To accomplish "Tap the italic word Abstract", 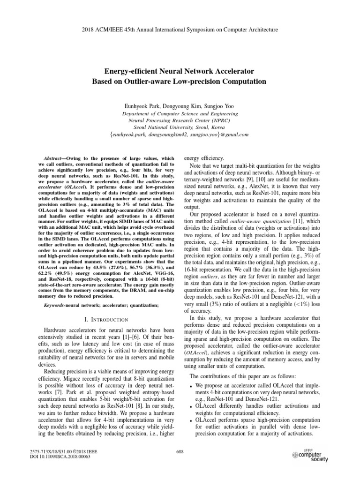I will [48, 159].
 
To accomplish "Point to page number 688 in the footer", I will [180, 451].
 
